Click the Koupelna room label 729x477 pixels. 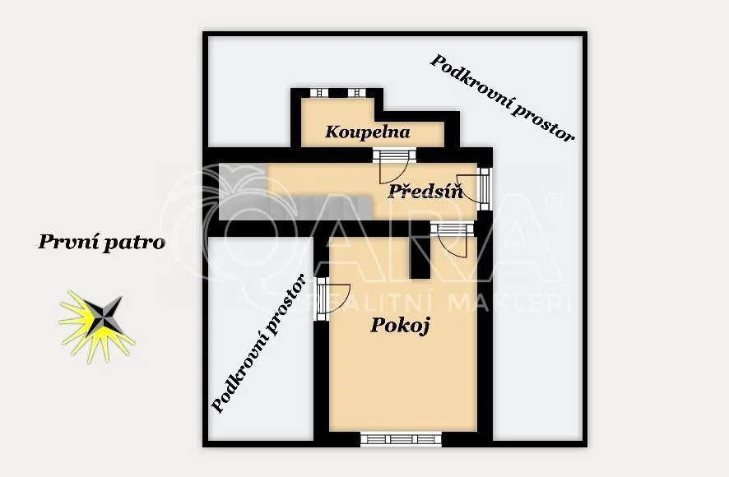coord(367,132)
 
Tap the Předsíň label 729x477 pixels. coord(425,191)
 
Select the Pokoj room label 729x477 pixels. coord(400,325)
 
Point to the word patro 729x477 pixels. coord(134,243)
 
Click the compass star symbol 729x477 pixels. coord(97,326)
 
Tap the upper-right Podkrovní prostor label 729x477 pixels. coord(502,98)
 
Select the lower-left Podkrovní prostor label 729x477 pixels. coord(258,343)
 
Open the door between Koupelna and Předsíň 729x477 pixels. coord(394,165)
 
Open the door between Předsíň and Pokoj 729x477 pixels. coord(452,239)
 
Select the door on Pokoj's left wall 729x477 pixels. coord(331,299)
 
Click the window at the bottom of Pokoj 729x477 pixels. coord(401,439)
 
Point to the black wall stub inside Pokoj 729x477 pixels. coord(420,257)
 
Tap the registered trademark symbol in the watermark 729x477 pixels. coord(553,201)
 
